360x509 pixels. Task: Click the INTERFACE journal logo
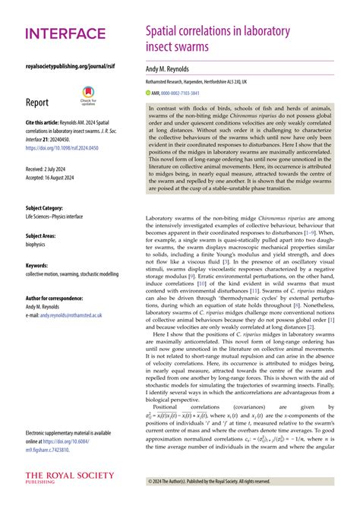click(65, 33)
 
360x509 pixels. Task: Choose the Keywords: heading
click(37, 265)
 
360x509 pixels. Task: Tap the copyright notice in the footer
click(208, 482)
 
